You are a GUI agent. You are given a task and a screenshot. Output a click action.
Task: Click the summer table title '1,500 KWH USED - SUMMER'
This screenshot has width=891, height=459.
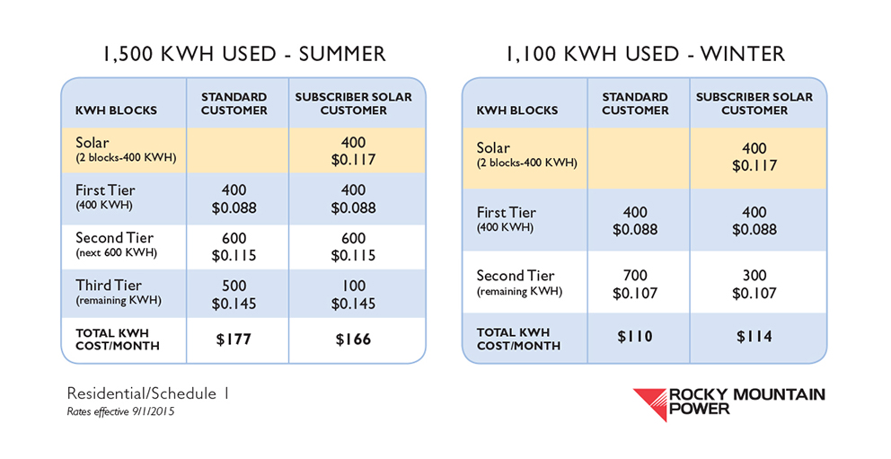click(243, 54)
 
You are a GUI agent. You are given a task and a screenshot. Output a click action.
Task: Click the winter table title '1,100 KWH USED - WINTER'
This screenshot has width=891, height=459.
click(645, 54)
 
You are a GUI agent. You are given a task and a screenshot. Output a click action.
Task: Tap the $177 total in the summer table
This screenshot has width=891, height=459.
click(234, 340)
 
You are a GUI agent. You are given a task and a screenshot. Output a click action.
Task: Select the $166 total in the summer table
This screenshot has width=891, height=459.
click(353, 340)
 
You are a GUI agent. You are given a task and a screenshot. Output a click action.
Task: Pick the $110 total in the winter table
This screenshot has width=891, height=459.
click(635, 336)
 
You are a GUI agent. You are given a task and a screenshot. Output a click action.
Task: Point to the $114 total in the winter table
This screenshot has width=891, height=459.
click(754, 336)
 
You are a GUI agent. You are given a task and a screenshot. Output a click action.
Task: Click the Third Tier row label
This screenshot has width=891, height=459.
click(119, 291)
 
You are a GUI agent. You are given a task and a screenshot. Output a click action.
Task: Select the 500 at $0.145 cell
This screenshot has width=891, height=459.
click(234, 295)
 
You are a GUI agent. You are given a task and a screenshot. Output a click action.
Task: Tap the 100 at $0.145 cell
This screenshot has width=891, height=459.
click(353, 295)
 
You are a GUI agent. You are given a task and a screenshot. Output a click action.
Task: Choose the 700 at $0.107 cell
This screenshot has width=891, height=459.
click(635, 284)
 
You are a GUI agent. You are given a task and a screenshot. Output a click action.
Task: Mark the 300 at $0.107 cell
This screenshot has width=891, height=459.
click(754, 284)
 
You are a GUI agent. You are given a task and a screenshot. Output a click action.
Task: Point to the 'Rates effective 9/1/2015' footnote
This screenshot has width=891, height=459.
click(120, 411)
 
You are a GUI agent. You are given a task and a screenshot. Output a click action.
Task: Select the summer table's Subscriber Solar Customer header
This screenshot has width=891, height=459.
click(354, 103)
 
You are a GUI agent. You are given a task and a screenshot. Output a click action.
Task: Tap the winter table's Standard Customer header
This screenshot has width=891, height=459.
click(635, 103)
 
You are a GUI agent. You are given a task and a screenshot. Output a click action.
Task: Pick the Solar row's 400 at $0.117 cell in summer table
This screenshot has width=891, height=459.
click(353, 151)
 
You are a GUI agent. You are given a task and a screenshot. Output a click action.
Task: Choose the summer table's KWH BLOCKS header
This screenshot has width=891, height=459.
click(116, 110)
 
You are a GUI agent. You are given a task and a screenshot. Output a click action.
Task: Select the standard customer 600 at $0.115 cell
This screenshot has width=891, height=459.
click(234, 246)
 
